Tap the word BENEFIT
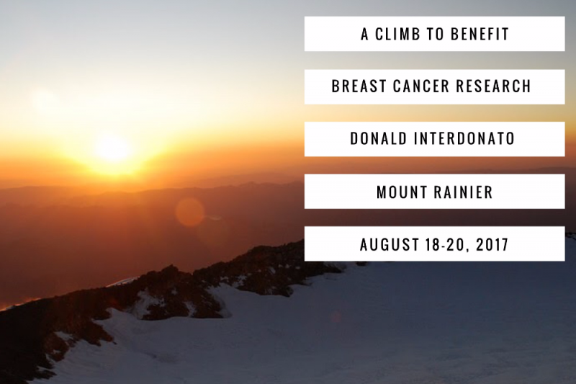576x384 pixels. pos(480,34)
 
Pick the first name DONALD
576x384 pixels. pos(379,139)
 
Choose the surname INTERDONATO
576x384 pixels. pos(464,139)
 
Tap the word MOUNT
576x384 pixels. pos(402,192)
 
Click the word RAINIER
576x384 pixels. pos(464,192)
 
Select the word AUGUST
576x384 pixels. pos(390,244)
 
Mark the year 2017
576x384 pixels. pos(492,244)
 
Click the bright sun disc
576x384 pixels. pos(112,148)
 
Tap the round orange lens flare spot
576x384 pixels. pos(189,212)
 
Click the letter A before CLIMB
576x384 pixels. pos(364,34)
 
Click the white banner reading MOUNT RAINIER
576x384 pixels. pos(435,192)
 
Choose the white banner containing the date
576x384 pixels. pos(435,244)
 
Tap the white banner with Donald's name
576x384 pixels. pos(435,139)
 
